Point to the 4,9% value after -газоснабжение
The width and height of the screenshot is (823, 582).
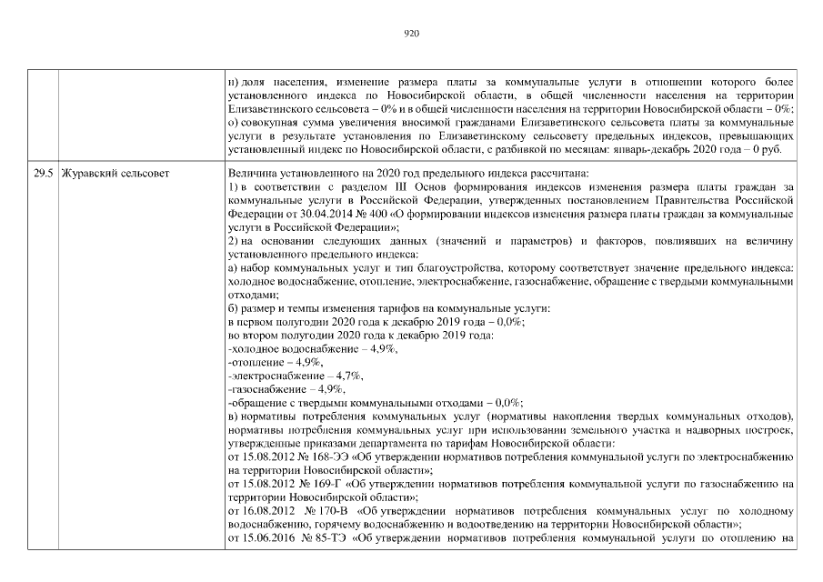tap(316, 389)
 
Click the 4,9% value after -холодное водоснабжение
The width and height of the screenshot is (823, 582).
tap(378, 348)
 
